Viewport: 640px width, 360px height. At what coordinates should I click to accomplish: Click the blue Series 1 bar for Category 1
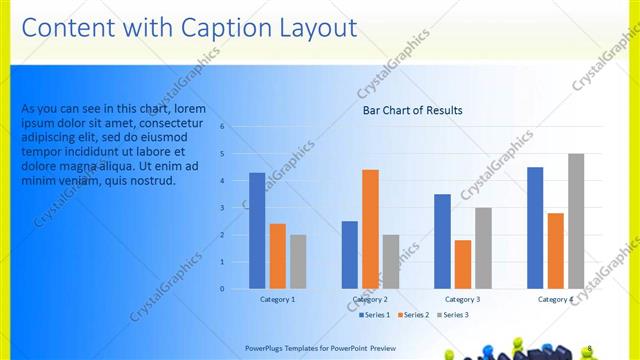(257, 230)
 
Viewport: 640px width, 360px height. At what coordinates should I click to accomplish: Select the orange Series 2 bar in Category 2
(370, 229)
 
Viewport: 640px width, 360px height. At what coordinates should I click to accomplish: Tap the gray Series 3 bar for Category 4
(576, 221)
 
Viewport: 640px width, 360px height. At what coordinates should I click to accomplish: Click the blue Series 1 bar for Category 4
(535, 227)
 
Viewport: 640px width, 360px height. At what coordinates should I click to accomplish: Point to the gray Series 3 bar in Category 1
(298, 261)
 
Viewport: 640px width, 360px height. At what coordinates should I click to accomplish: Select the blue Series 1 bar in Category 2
(349, 254)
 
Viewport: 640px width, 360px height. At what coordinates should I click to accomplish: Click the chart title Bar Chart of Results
(412, 111)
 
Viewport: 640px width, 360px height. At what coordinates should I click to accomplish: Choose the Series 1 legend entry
(375, 315)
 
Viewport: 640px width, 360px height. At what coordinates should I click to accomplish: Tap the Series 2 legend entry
(413, 315)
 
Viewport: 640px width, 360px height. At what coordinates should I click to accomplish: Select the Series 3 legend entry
(451, 315)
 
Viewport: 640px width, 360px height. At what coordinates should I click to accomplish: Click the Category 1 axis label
(277, 299)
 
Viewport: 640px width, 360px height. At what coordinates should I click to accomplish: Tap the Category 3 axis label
(462, 299)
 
